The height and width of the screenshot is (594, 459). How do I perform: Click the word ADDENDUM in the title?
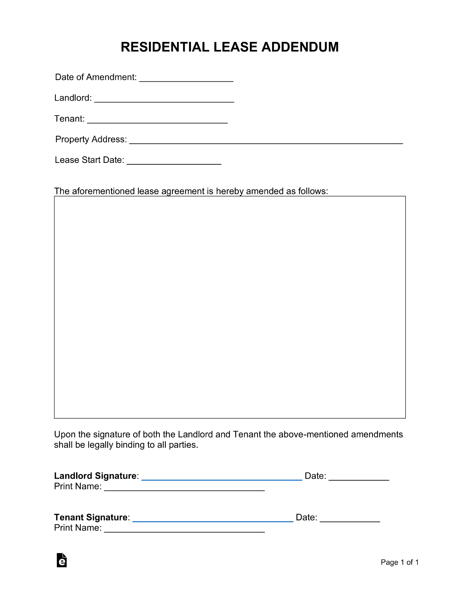[x=300, y=47]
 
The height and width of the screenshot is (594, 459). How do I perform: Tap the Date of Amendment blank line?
[x=186, y=79]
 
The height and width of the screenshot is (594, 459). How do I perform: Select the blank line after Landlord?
[x=164, y=100]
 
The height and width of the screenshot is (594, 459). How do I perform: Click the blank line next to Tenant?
[x=157, y=120]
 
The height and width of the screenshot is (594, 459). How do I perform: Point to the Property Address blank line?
[x=266, y=141]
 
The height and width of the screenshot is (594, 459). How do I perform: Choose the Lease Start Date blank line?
[x=174, y=162]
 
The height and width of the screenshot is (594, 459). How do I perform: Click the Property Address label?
[x=91, y=139]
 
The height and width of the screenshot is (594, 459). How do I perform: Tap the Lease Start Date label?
[x=89, y=160]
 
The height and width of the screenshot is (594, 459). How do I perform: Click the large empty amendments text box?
[x=230, y=307]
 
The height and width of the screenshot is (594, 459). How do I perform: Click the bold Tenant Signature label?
[x=91, y=517]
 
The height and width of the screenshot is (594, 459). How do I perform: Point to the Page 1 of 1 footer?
[x=400, y=562]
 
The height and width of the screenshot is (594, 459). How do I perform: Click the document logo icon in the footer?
[x=61, y=560]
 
